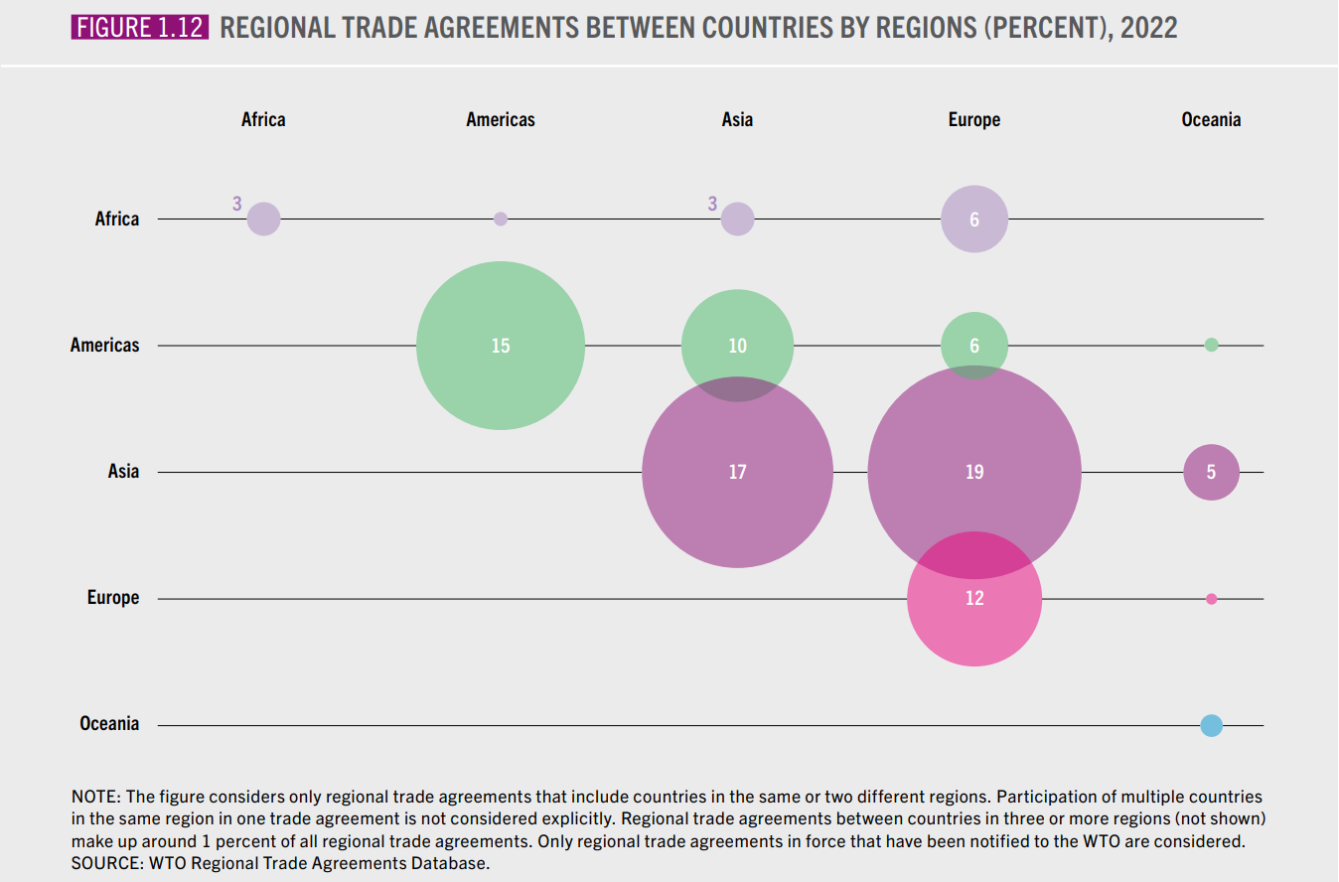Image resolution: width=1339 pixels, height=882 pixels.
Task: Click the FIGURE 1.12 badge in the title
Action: click(139, 27)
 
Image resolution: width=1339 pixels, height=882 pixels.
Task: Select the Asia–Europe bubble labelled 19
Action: click(973, 473)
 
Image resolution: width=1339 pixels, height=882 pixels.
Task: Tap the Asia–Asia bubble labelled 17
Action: click(737, 473)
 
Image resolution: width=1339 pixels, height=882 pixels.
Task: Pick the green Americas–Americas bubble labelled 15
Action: click(501, 346)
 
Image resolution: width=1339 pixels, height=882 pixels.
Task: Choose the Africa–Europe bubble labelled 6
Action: click(973, 219)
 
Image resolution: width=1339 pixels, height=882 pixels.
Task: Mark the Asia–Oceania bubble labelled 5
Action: click(1211, 472)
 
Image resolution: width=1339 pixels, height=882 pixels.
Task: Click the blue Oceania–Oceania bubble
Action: click(1211, 725)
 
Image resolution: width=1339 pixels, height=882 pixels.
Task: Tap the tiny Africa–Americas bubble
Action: click(501, 219)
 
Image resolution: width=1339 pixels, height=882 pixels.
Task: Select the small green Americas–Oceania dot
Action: click(1211, 345)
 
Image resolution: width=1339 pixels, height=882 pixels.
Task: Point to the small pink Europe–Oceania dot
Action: click(1211, 599)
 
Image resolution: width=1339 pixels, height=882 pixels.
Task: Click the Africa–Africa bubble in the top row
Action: click(263, 219)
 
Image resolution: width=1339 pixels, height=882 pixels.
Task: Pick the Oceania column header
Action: click(1211, 120)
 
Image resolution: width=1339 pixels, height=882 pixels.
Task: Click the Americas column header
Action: click(501, 120)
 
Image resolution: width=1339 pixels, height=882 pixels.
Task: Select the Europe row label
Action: click(113, 598)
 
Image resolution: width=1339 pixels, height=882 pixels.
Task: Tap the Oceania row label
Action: click(109, 724)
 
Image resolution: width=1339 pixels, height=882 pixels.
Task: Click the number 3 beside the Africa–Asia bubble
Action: click(712, 204)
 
